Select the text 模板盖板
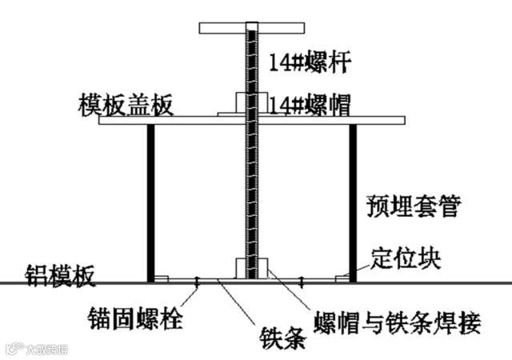coord(125,106)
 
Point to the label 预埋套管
coord(413,206)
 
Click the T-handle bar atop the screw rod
coord(251,30)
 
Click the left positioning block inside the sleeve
coord(161,278)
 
